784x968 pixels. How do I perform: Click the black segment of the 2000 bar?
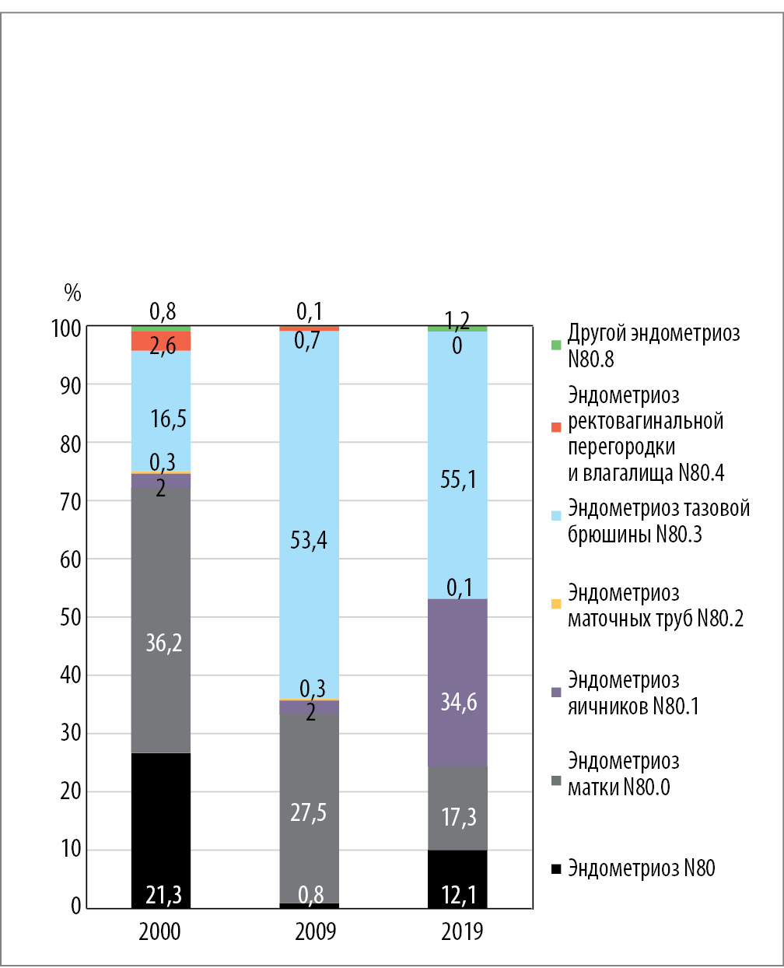[161, 825]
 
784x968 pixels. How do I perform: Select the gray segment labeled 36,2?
[161, 623]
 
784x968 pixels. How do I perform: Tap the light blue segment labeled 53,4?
[310, 514]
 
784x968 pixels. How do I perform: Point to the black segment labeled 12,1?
[458, 879]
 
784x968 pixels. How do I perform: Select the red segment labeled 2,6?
[161, 341]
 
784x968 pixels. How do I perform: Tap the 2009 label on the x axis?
[315, 931]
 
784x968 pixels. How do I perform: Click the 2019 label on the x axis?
[462, 931]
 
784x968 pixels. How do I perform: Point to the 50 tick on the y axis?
[70, 617]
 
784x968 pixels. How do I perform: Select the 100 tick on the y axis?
[66, 328]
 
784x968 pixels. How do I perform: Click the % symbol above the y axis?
[72, 293]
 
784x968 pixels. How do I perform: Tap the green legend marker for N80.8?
[555, 345]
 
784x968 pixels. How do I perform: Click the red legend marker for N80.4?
[555, 427]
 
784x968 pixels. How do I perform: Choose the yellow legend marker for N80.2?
[555, 604]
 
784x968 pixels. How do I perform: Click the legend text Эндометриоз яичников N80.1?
[633, 693]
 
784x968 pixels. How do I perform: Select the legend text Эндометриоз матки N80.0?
[623, 774]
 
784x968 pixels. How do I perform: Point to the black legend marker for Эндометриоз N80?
[555, 869]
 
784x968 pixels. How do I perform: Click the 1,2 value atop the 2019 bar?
[458, 320]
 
